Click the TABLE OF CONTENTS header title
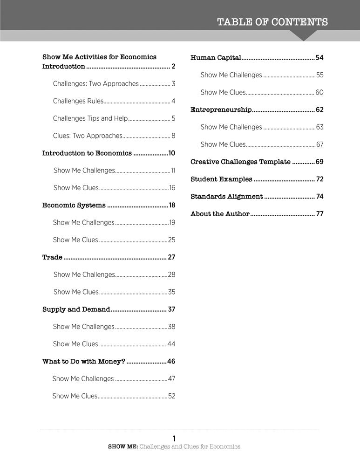(x=272, y=22)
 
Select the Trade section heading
(x=52, y=257)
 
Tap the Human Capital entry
(x=216, y=58)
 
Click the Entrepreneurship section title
(x=221, y=110)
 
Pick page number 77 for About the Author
(x=319, y=214)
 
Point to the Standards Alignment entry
(x=226, y=197)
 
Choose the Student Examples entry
(x=221, y=179)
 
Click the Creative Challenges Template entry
(x=240, y=162)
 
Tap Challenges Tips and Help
(x=90, y=118)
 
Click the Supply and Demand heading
(x=76, y=309)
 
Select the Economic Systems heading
(x=74, y=206)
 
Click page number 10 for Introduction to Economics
(x=171, y=153)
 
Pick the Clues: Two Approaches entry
(x=88, y=136)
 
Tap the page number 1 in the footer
(x=174, y=438)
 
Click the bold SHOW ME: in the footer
(x=123, y=446)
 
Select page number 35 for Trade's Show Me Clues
(x=171, y=292)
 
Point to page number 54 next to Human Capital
(x=319, y=58)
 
